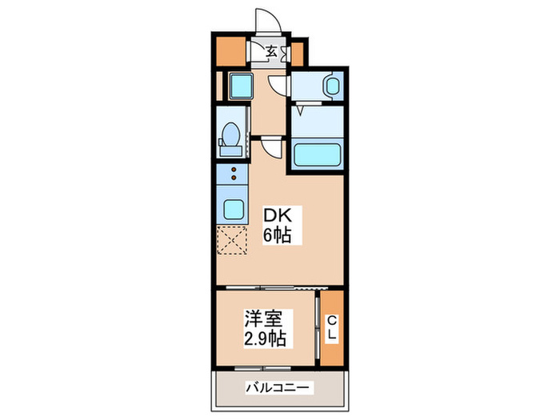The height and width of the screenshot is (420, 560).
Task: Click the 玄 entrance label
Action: pos(272,53)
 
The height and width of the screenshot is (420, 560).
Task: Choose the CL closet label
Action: pos(330,329)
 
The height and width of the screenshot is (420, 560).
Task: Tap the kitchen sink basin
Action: pos(234,210)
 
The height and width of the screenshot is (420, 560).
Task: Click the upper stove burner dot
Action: pos(233,170)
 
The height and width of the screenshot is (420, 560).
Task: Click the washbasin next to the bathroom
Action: pos(330,84)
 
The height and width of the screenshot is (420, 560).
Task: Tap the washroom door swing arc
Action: pos(277,86)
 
